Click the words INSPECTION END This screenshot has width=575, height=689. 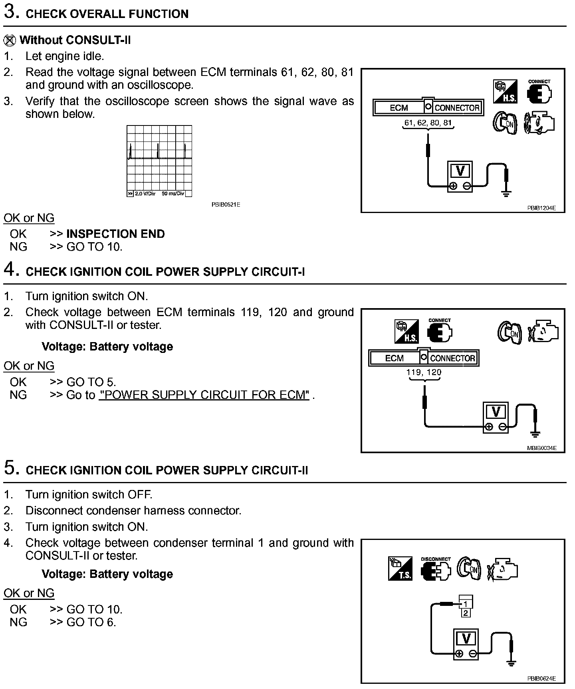tap(115, 234)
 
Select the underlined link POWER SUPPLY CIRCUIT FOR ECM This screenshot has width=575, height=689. tap(204, 395)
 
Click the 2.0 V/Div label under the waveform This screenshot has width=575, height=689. tap(145, 194)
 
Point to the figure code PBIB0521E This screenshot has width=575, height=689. tap(226, 205)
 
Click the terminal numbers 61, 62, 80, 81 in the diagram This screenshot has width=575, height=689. tap(428, 123)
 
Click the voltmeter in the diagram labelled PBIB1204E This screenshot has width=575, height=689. tap(460, 177)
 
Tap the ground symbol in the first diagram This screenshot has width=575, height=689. tap(506, 194)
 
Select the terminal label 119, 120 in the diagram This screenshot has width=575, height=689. tap(424, 372)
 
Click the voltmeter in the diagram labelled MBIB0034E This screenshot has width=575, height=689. tap(496, 417)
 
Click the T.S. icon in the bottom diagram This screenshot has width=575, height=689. tap(400, 569)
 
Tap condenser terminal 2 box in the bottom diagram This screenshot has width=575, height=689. tap(466, 613)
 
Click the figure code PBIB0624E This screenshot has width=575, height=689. tap(541, 678)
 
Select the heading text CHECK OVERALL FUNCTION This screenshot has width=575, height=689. tap(107, 14)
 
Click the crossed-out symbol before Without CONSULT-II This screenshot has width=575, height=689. tap(10, 40)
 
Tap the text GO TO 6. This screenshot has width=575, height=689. tap(91, 622)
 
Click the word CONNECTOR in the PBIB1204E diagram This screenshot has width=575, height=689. tap(457, 108)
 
